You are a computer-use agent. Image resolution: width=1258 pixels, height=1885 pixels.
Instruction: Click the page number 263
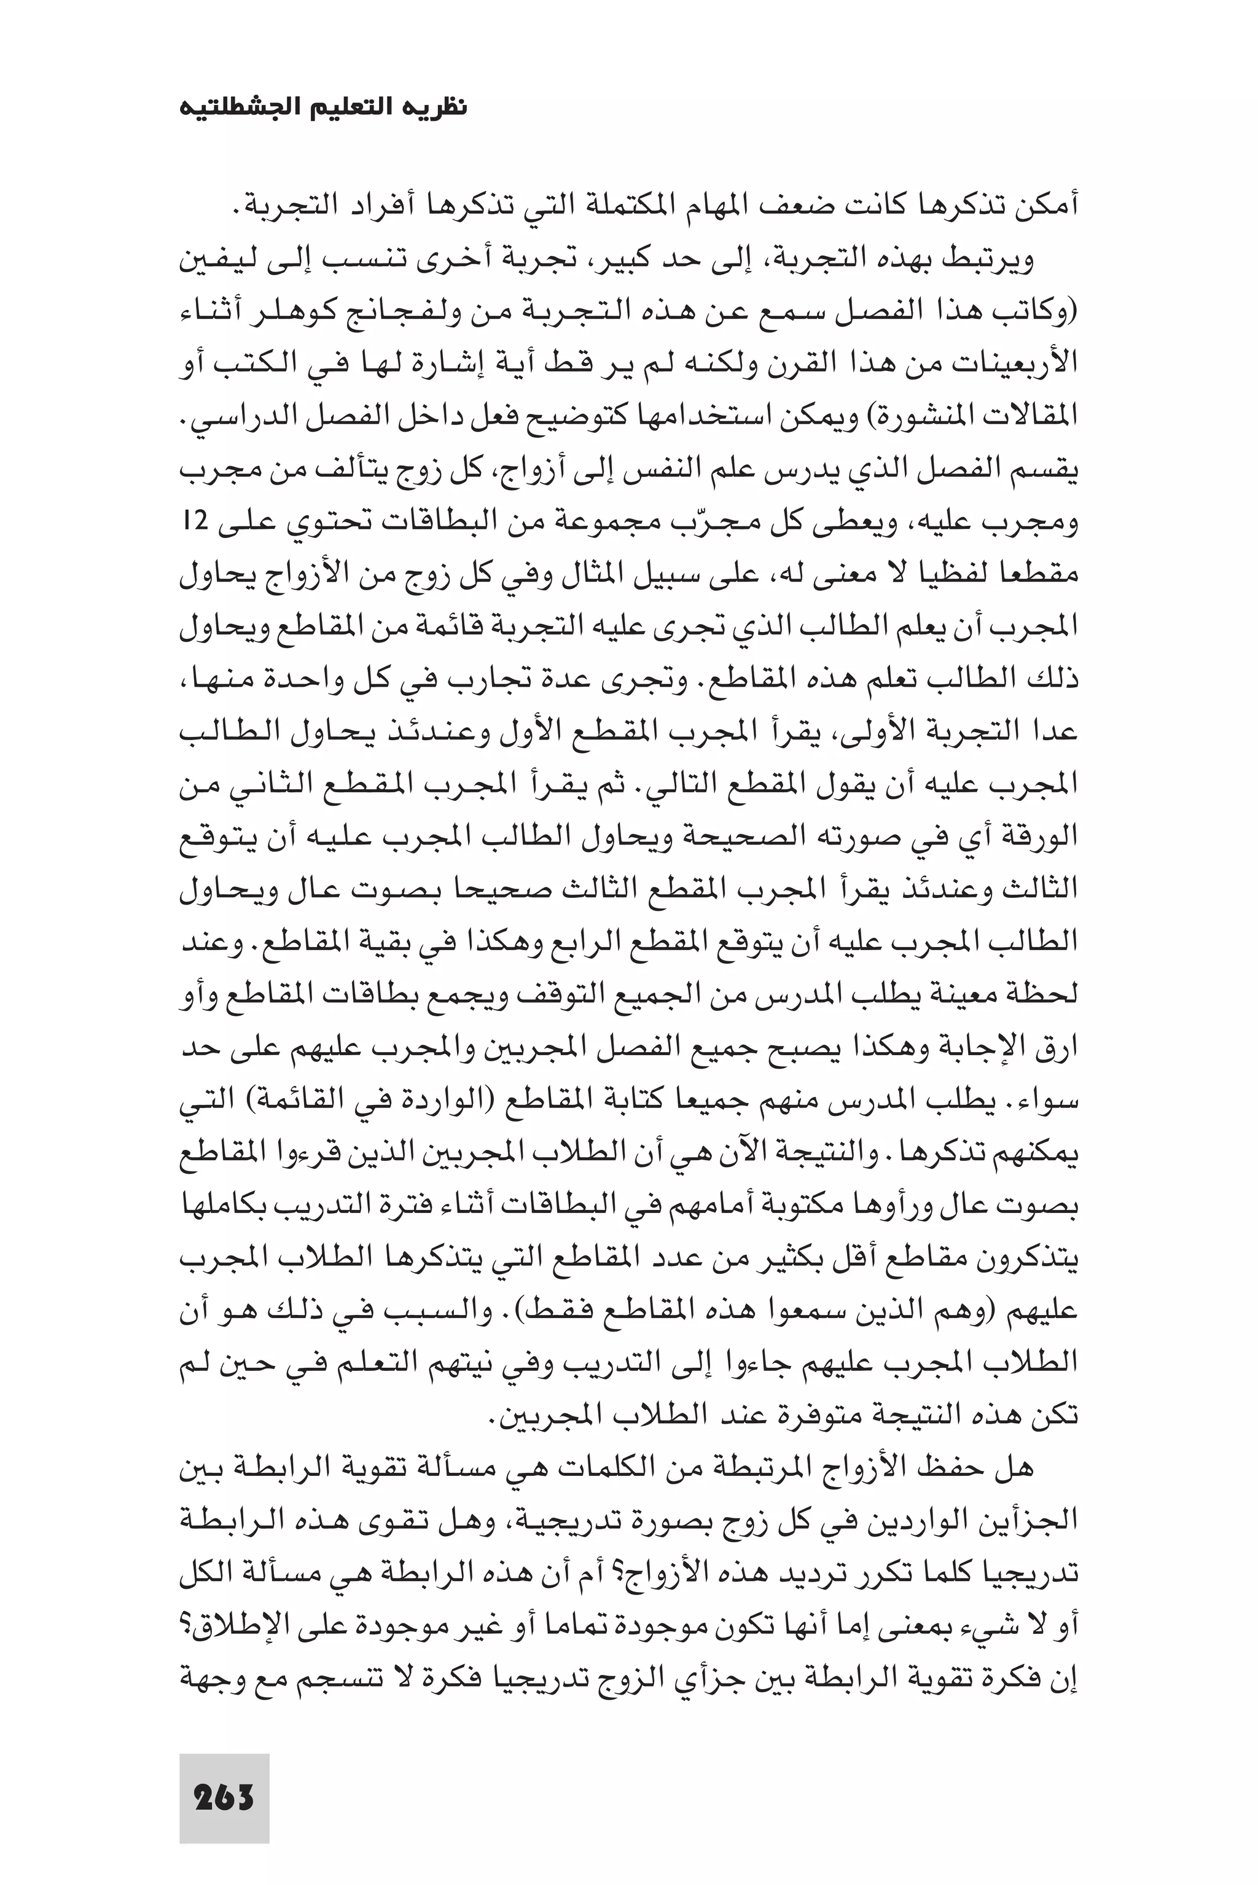(224, 1775)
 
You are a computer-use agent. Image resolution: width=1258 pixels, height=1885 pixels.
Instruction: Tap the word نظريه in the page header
(438, 107)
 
